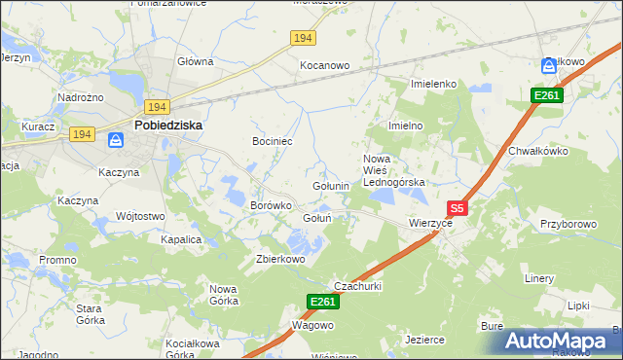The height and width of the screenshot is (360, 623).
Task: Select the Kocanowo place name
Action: tap(324, 65)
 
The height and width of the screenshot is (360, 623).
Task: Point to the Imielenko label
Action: tap(434, 84)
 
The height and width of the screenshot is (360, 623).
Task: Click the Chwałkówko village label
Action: tap(537, 151)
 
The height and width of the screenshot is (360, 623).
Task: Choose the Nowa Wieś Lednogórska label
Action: tap(394, 170)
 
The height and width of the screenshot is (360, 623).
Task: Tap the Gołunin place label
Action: tap(331, 185)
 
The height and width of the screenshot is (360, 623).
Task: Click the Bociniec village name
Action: tap(273, 142)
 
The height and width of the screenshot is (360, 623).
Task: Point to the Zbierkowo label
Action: tap(280, 259)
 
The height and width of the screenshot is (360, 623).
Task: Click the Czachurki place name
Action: tap(357, 286)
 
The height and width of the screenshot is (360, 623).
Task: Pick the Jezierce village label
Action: tap(424, 340)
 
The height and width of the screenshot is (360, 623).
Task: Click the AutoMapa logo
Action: tap(557, 340)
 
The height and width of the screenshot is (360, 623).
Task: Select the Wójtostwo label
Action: tap(138, 216)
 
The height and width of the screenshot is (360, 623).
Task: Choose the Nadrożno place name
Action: tap(81, 97)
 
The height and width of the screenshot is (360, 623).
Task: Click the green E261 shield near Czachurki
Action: tap(324, 304)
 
